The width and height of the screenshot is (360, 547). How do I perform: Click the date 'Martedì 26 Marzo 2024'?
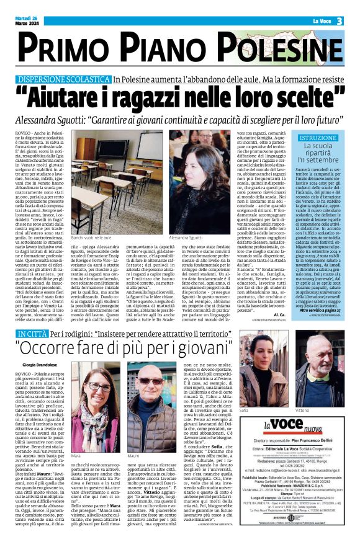tap(27, 21)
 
